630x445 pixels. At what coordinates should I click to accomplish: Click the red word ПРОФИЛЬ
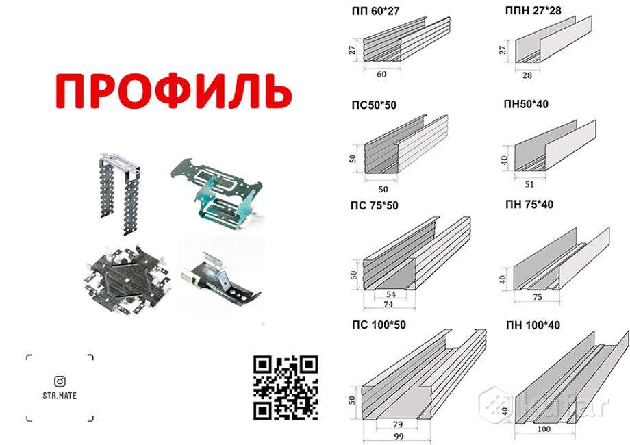coord(173,91)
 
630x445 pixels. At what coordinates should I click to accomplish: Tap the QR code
coord(286,387)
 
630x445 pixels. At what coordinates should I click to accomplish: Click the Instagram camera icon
coord(60,381)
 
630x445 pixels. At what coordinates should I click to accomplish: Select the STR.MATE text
coord(60,396)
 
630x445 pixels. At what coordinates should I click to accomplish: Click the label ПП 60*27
coord(376,11)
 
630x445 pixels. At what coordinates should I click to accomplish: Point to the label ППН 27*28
coord(533,10)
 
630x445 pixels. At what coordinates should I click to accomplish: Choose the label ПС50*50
coord(374,105)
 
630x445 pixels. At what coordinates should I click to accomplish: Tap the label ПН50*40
coord(526,104)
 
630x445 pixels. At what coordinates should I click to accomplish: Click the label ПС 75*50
coord(375,205)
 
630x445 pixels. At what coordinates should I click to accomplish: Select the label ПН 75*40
coord(529,205)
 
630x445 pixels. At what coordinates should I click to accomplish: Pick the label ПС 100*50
coord(379,325)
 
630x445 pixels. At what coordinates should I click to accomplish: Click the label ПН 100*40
coord(533,325)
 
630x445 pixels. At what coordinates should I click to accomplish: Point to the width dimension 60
coord(381,75)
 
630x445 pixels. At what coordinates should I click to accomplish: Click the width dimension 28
coord(527,75)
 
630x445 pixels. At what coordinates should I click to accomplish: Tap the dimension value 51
coord(529,184)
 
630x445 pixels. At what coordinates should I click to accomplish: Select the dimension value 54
coord(391,294)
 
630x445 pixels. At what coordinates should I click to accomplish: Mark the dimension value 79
coord(397,424)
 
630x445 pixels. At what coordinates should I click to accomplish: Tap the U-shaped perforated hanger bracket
coord(121,192)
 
